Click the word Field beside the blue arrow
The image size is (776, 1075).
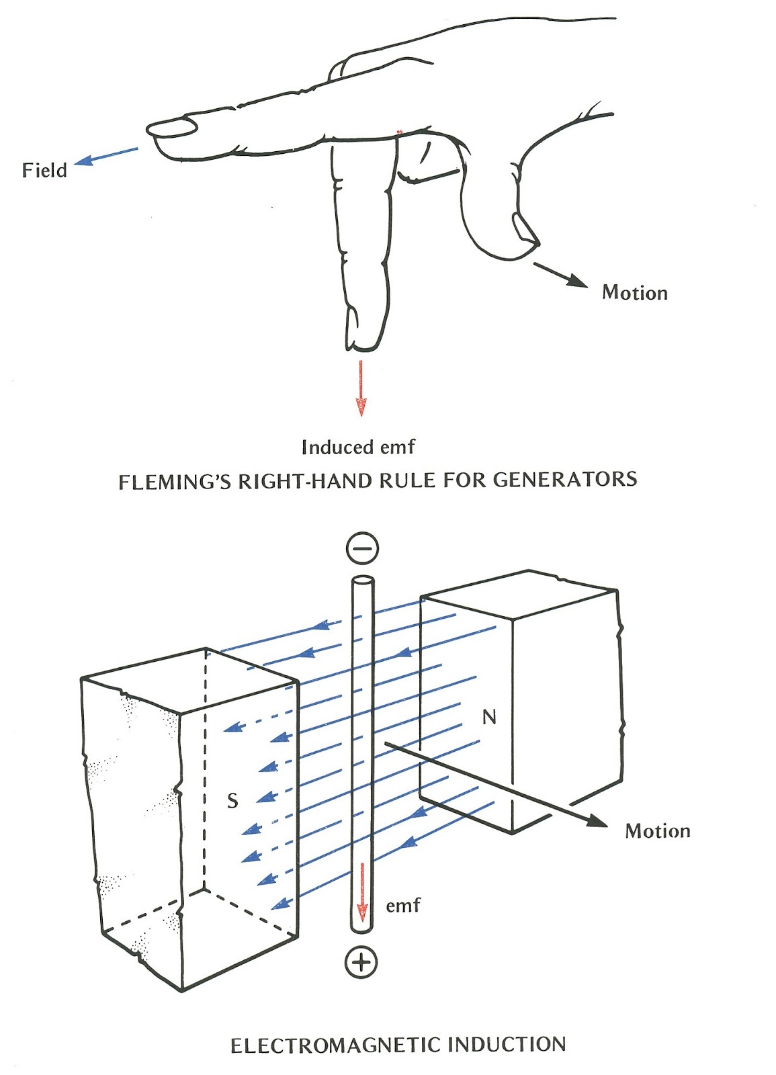pos(44,170)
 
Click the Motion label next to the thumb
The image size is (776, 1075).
pos(634,293)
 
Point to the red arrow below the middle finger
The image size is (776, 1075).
pos(361,388)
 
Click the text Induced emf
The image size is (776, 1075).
pos(358,447)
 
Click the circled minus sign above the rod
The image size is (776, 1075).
pos(362,548)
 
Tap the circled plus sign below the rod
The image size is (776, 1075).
pos(361,963)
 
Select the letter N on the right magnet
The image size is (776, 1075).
pos(489,717)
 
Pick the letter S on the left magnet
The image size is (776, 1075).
pos(232,800)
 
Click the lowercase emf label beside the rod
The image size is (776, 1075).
pos(403,906)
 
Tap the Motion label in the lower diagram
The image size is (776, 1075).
pos(657,832)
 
